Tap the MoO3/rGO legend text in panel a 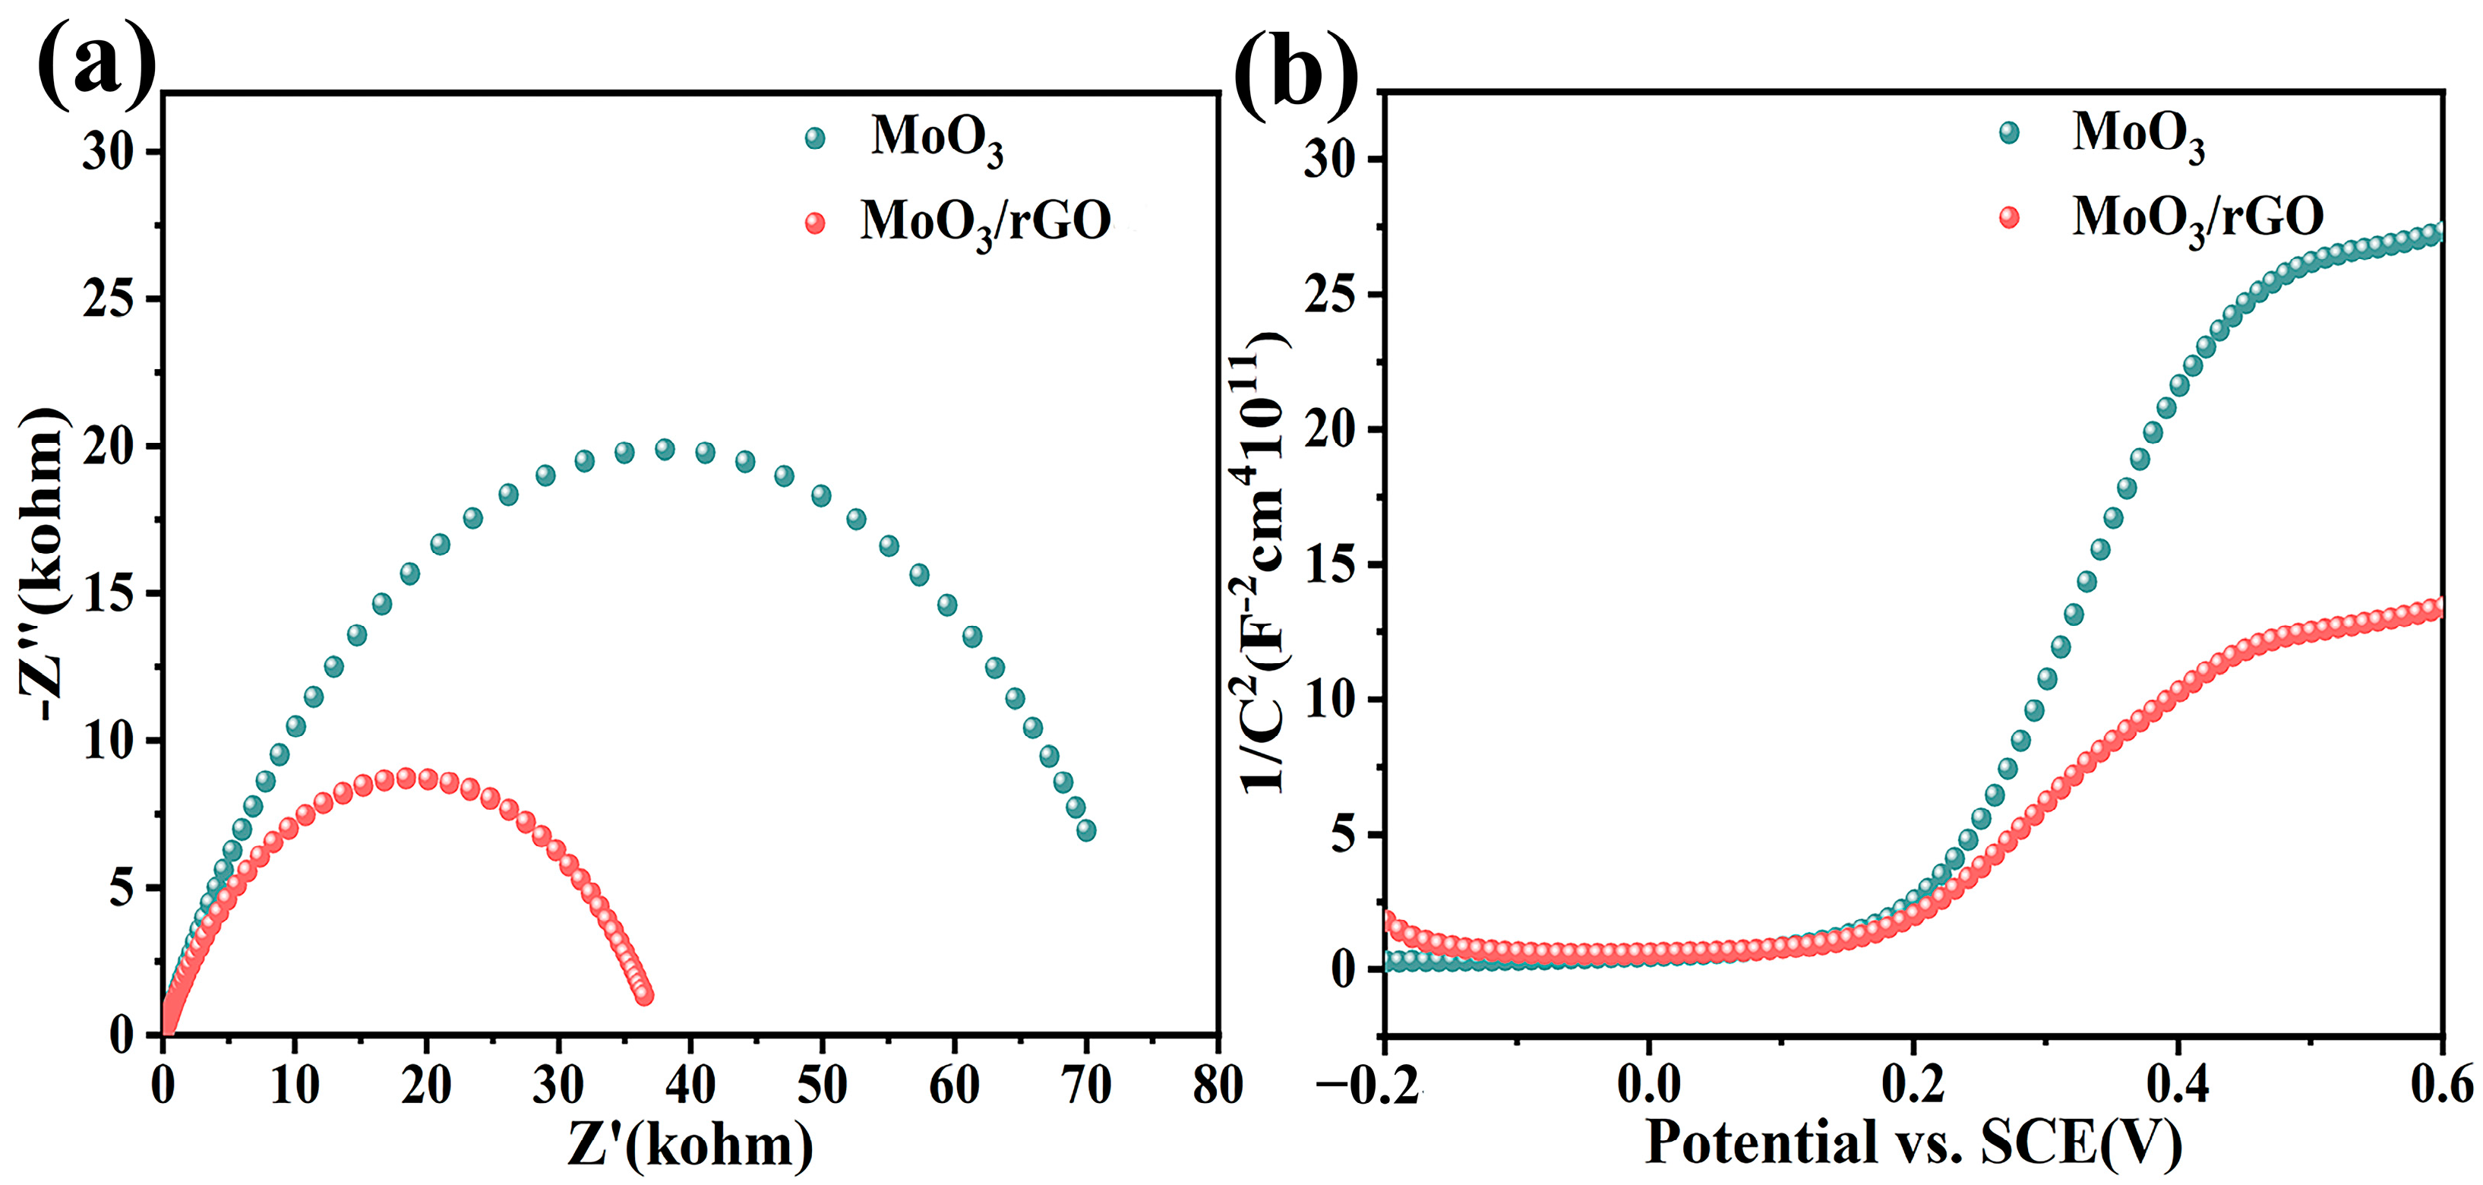pyautogui.click(x=985, y=223)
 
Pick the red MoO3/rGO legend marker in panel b pyautogui.click(x=2010, y=217)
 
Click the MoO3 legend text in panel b pyautogui.click(x=2138, y=135)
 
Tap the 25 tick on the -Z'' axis pyautogui.click(x=107, y=299)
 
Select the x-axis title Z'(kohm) pyautogui.click(x=690, y=1145)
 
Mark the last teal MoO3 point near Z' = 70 pyautogui.click(x=1086, y=830)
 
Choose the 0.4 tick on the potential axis pyautogui.click(x=2178, y=1085)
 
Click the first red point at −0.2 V pyautogui.click(x=1389, y=921)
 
